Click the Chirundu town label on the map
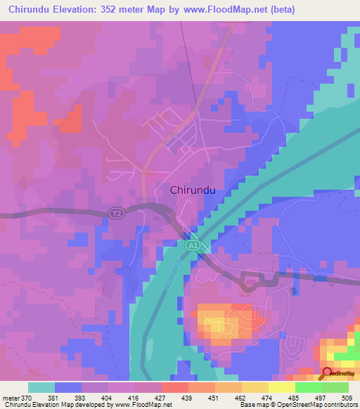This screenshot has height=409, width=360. click(192, 190)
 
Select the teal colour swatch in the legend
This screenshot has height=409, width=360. click(41, 387)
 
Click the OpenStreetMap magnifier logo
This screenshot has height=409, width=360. click(327, 374)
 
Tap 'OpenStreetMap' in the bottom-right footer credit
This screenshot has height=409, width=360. click(330, 405)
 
